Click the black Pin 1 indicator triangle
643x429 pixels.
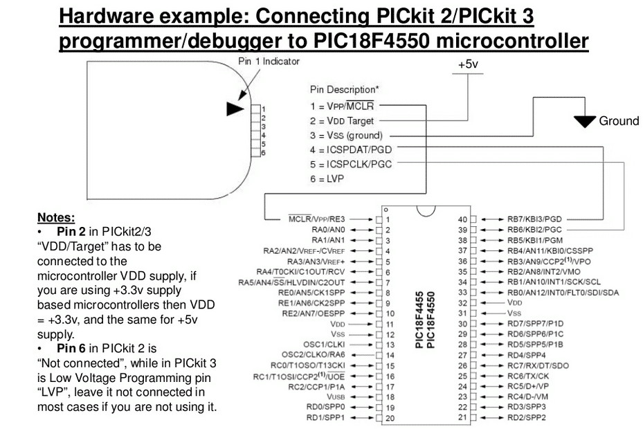[235, 109]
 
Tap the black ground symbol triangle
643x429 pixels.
[585, 121]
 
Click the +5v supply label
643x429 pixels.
[468, 64]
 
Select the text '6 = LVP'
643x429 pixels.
[327, 179]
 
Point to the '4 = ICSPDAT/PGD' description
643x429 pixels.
[351, 149]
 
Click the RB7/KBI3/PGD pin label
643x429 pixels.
[534, 219]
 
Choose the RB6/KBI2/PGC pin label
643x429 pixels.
[534, 230]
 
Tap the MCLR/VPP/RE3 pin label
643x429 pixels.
[316, 219]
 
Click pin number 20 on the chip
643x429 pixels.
[390, 419]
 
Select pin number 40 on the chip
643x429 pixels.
[462, 219]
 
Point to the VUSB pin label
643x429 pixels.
[336, 397]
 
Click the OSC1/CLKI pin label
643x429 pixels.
[324, 345]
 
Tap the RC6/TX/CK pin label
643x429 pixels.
[528, 376]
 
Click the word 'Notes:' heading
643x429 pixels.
[56, 217]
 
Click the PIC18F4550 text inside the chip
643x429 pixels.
[431, 320]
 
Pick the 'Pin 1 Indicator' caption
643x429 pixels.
[269, 61]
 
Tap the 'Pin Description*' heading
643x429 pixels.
[345, 89]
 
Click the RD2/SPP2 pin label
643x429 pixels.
[527, 418]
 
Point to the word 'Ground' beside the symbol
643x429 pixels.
[619, 121]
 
